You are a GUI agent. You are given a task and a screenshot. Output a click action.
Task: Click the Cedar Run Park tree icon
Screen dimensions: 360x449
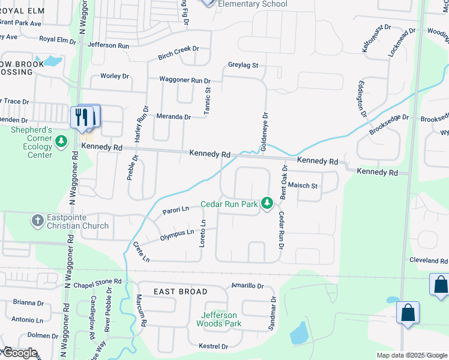pos(268,205)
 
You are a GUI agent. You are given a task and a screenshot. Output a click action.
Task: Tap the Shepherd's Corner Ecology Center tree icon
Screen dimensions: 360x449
pos(61,142)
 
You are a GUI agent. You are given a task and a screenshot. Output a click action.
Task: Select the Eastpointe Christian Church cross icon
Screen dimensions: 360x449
pos(38,220)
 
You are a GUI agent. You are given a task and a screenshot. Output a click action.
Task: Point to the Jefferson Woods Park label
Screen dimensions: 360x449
pos(219,319)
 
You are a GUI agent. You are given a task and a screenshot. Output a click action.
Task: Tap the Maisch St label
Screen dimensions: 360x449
pos(303,185)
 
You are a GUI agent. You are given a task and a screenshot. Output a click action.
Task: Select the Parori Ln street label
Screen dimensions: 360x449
pos(175,211)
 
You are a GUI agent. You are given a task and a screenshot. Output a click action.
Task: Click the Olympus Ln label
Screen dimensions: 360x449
pos(177,236)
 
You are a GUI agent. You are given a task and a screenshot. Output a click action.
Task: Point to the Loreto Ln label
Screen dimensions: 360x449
pos(203,235)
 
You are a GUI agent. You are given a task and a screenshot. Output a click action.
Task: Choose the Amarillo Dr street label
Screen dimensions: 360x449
pos(247,286)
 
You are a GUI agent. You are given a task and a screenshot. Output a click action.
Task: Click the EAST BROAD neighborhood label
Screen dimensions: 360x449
pos(181,292)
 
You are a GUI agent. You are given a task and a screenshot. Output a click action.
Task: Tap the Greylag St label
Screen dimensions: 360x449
pos(243,65)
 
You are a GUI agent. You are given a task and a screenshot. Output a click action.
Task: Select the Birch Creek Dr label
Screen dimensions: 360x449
pos(178,53)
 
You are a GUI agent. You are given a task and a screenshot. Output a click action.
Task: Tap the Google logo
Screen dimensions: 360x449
pos(20,353)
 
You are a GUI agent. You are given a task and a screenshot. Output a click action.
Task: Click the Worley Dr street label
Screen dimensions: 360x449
pos(115,76)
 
